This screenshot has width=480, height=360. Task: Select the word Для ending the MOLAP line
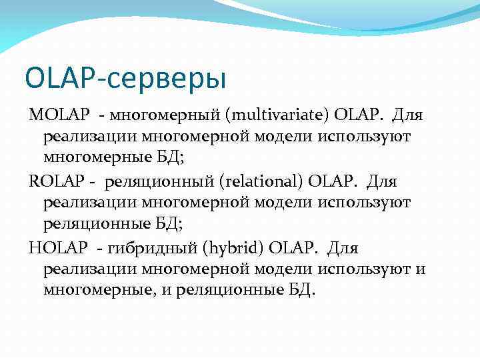click(407, 115)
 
